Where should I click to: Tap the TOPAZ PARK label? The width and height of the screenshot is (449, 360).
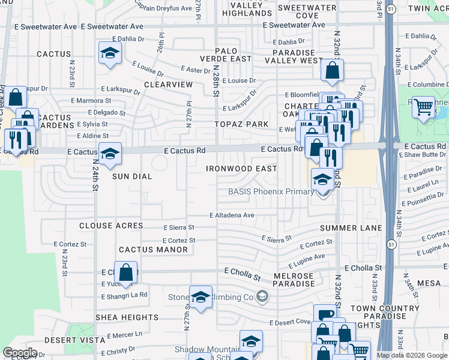[x=242, y=124]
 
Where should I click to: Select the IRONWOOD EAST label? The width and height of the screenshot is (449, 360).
[x=241, y=169]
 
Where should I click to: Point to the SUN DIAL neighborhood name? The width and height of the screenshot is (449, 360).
[x=132, y=177]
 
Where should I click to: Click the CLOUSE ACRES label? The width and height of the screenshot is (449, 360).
[x=112, y=226]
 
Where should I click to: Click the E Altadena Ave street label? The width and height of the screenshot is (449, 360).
[x=232, y=215]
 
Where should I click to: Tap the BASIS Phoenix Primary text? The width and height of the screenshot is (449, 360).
[x=271, y=192]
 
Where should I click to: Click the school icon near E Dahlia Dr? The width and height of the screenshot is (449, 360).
[x=110, y=53]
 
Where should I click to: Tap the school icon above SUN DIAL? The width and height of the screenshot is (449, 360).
[x=110, y=154]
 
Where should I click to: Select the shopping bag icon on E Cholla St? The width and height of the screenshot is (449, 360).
[x=126, y=272]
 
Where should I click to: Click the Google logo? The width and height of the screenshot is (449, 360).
[x=20, y=353]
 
